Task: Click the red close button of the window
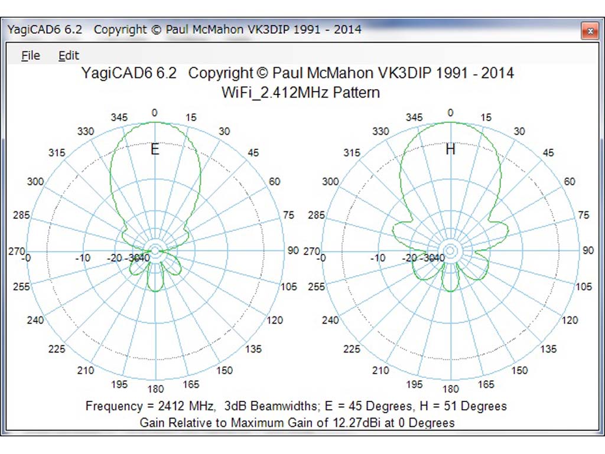tap(590, 31)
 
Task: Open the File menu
tap(31, 55)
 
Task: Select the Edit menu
tap(69, 55)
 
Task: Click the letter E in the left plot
tap(155, 149)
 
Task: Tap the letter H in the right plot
tap(450, 149)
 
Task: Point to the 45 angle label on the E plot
tap(253, 153)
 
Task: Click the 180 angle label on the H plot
tap(451, 388)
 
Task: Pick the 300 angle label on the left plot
tap(35, 181)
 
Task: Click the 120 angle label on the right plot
tap(570, 320)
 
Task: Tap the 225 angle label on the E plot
tap(57, 349)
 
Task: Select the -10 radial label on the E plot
tap(83, 257)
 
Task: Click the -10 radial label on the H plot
tap(378, 257)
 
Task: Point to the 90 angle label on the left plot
tap(293, 250)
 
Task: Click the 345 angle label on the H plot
tap(414, 117)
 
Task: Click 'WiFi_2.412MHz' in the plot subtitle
tap(274, 93)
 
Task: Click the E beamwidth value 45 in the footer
tap(355, 406)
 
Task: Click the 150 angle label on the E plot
tap(225, 370)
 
